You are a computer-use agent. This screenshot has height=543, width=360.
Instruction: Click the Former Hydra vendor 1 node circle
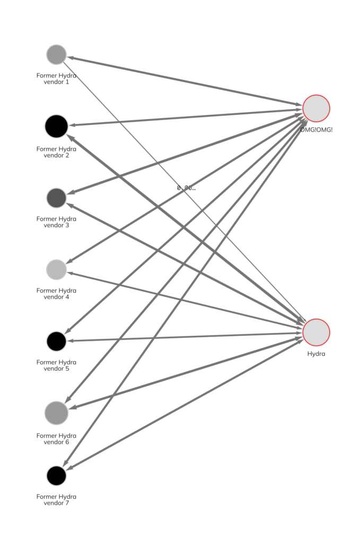pyautogui.click(x=56, y=54)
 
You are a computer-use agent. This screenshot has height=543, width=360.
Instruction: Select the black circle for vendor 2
pyautogui.click(x=56, y=126)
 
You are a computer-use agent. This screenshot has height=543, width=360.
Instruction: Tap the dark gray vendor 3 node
pyautogui.click(x=56, y=198)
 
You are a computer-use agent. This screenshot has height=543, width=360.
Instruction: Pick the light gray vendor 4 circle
pyautogui.click(x=56, y=269)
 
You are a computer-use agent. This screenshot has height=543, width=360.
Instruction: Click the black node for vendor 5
pyautogui.click(x=56, y=341)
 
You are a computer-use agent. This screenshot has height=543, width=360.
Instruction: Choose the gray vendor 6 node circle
pyautogui.click(x=56, y=413)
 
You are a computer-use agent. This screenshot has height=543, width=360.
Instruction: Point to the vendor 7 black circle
pyautogui.click(x=56, y=476)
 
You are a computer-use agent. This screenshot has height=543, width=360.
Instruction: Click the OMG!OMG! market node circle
pyautogui.click(x=316, y=108)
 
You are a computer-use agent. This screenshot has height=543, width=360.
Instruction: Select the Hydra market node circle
pyautogui.click(x=316, y=332)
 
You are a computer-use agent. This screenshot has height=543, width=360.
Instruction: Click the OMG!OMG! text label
pyautogui.click(x=316, y=129)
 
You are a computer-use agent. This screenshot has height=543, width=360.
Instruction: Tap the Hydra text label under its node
pyautogui.click(x=316, y=354)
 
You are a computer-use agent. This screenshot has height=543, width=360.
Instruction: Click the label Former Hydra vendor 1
pyautogui.click(x=56, y=78)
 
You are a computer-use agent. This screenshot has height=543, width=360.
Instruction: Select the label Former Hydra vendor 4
pyautogui.click(x=56, y=293)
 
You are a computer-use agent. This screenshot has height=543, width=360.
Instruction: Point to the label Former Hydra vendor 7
pyautogui.click(x=56, y=500)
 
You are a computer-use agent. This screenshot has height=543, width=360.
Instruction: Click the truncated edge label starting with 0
pyautogui.click(x=186, y=188)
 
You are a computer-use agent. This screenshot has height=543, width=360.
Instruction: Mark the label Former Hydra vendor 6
pyautogui.click(x=56, y=439)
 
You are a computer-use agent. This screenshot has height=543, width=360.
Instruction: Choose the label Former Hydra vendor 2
pyautogui.click(x=56, y=152)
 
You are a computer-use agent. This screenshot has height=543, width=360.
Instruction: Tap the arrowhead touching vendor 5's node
pyautogui.click(x=71, y=341)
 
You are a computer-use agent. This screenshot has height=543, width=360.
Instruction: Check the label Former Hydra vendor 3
pyautogui.click(x=56, y=222)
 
